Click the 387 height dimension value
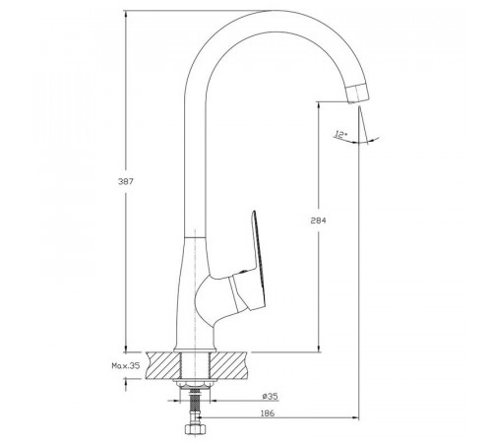pos(126,181)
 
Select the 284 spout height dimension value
pos(318,221)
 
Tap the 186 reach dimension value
pos(267,413)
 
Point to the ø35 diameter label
pos(270,397)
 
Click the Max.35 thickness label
pos(126,365)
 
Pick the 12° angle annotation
pos(340,134)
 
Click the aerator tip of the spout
pos(358,94)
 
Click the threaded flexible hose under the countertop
pos(195,405)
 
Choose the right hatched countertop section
pos(228,365)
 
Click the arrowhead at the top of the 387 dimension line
pos(126,14)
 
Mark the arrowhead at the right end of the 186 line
pos(355,417)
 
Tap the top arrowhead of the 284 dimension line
pos(318,105)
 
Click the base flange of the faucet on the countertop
pos(195,349)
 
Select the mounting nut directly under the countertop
pos(195,383)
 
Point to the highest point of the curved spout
pos(277,11)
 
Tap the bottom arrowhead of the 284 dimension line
pos(318,348)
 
